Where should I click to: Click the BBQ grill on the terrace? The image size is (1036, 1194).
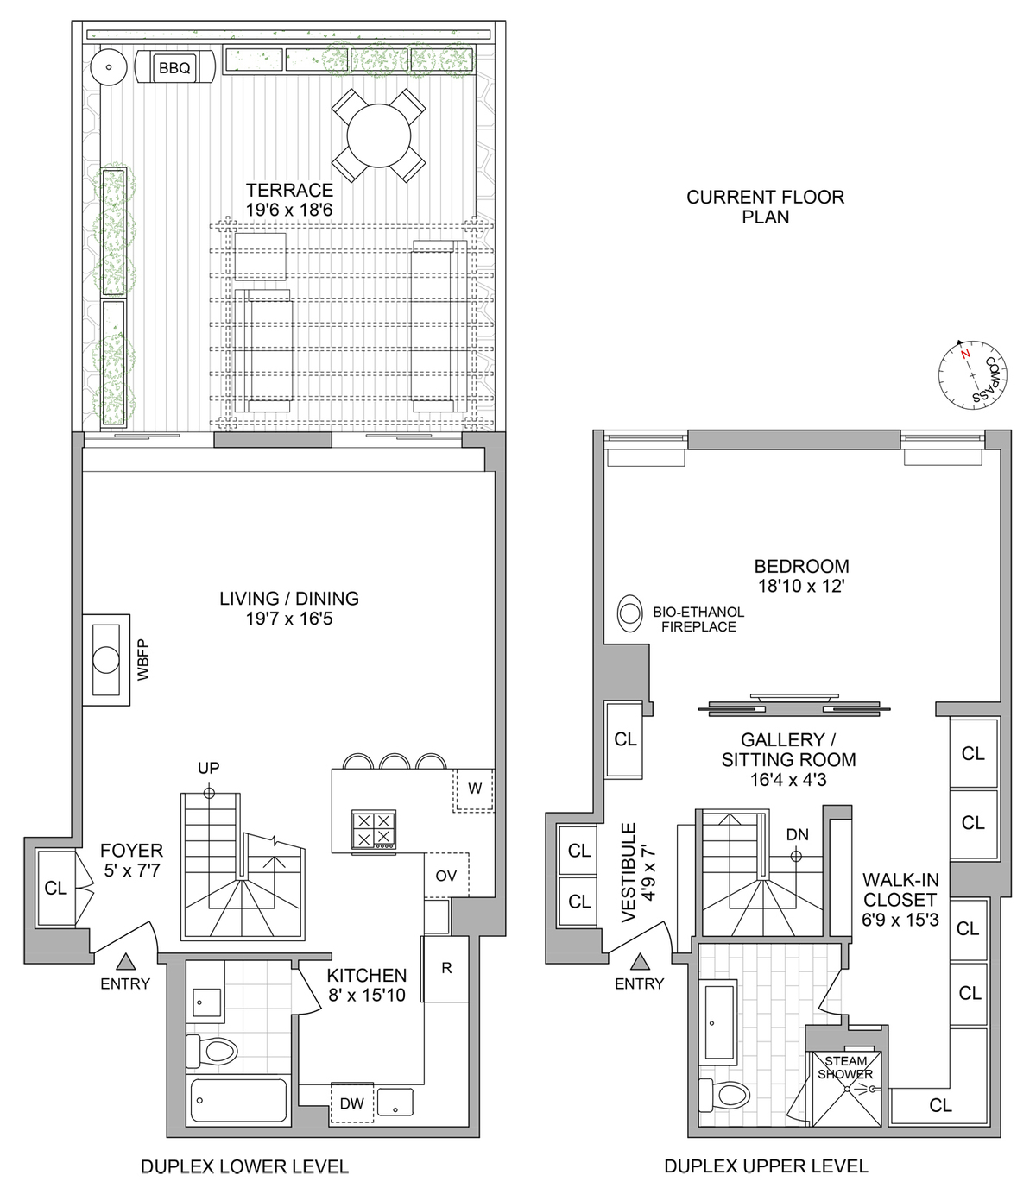(x=175, y=67)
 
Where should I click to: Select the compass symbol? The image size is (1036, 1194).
(x=973, y=374)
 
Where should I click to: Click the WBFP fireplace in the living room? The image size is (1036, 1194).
(x=106, y=660)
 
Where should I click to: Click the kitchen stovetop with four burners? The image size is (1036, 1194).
(x=374, y=830)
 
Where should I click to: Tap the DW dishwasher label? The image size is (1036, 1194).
(x=351, y=1103)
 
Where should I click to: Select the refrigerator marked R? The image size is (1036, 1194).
(x=445, y=968)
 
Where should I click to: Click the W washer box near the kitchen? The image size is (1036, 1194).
(x=474, y=789)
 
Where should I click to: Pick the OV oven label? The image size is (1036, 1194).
(x=445, y=876)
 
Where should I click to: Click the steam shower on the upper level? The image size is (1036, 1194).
(x=845, y=1089)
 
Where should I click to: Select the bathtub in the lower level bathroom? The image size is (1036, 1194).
(x=238, y=1100)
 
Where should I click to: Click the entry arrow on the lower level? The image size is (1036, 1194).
(x=126, y=961)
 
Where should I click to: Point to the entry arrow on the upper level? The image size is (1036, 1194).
(x=640, y=961)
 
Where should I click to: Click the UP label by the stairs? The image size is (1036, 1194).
(x=208, y=768)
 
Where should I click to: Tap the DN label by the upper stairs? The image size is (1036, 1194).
(x=797, y=834)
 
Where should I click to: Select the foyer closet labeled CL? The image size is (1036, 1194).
(x=56, y=888)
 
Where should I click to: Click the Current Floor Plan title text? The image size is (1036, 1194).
(x=765, y=206)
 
